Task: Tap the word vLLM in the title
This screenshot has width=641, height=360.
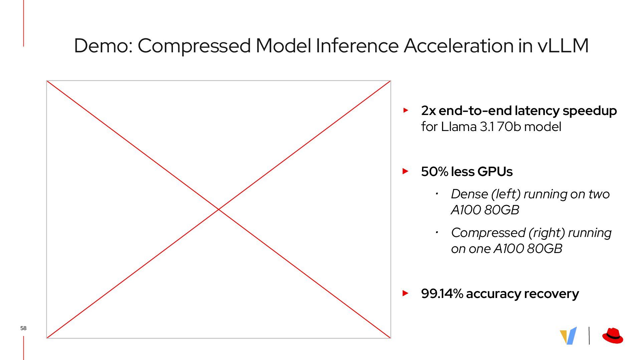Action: (563, 46)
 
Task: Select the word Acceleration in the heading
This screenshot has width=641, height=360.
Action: (458, 46)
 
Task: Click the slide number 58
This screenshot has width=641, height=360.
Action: (23, 328)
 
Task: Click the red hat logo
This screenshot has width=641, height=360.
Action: (613, 336)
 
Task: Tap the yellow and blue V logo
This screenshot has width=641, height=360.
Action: (568, 336)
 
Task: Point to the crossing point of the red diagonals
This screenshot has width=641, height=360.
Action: (219, 209)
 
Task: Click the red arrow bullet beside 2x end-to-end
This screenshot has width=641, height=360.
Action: (406, 110)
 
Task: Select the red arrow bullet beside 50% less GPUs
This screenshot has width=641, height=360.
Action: (406, 171)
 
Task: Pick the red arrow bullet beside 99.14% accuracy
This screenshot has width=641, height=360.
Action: (406, 293)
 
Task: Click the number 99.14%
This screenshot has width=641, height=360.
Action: (442, 294)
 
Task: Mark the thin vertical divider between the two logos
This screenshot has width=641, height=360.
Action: (589, 336)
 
